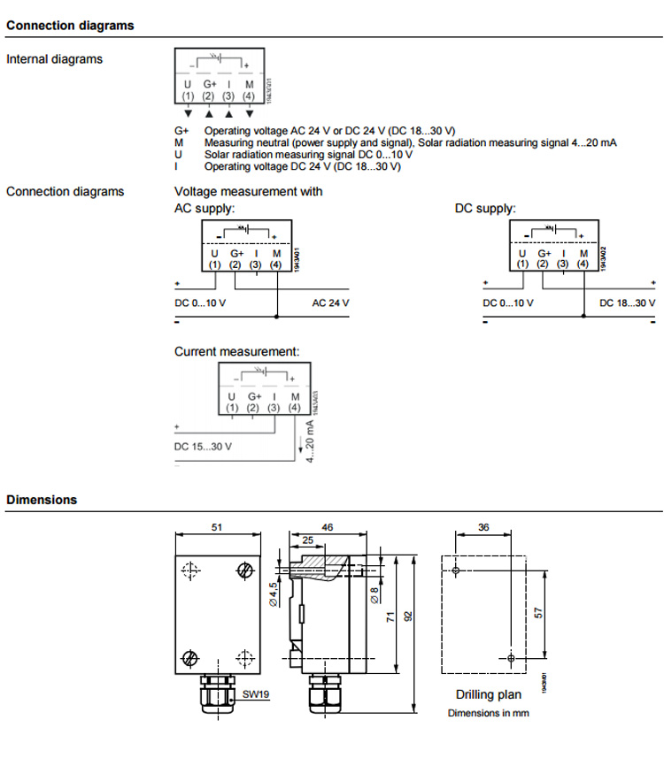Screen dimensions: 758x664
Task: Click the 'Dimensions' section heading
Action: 42,500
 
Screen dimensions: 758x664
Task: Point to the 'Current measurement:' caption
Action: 236,351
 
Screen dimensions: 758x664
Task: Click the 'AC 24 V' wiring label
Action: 331,302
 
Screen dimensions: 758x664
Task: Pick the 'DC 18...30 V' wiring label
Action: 628,302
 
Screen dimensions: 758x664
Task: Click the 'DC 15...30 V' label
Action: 204,446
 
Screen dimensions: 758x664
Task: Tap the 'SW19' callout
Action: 256,694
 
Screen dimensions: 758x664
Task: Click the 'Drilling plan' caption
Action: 489,695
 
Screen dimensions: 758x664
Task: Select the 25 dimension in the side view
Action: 307,539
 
